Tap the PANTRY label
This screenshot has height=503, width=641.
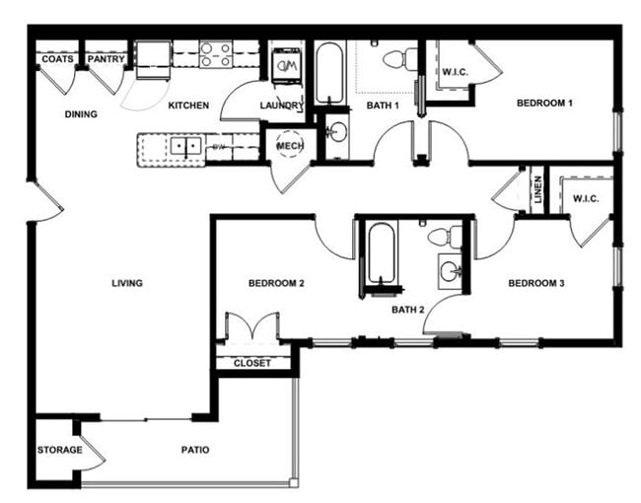pos(106,59)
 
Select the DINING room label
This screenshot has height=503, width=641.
pos(81,114)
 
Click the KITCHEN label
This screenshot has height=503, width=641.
pos(187,106)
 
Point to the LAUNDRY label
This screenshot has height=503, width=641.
pos(281,106)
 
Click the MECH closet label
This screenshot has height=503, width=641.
pos(289,146)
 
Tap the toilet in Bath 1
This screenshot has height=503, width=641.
pos(398,58)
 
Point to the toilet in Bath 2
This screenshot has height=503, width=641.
pos(447,236)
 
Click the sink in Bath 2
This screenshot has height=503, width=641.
pos(450,269)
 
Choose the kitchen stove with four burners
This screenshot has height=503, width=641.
pos(215,54)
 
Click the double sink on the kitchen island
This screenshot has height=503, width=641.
pos(184,147)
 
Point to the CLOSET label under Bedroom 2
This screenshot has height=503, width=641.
pos(252,363)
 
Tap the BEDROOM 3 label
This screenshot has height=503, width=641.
pos(535,284)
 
